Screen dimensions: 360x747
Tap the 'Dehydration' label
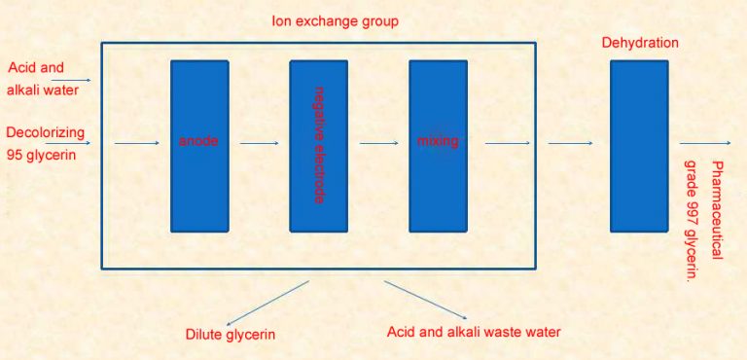click(639, 43)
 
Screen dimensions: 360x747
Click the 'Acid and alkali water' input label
click(43, 79)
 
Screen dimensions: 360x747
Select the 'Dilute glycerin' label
click(231, 335)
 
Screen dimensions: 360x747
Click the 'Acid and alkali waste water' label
click(474, 332)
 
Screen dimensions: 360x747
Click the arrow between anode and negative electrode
click(259, 143)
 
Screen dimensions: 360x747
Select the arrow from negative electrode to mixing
click(378, 143)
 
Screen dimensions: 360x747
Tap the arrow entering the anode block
click(136, 143)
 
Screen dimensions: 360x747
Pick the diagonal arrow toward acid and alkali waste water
click(426, 301)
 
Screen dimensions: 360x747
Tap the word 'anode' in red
click(198, 141)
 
